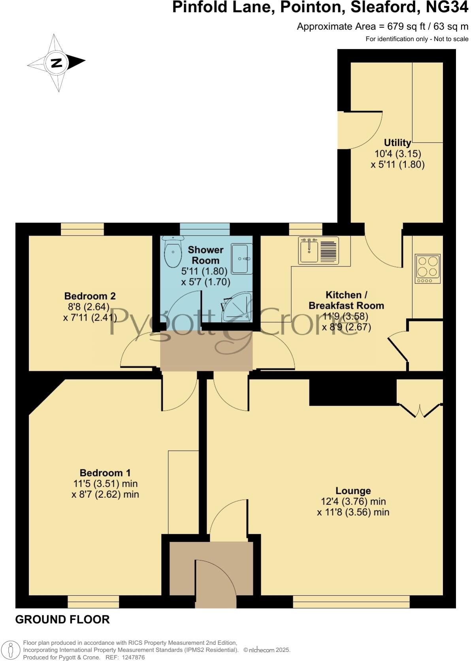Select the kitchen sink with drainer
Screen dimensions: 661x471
click(318, 250)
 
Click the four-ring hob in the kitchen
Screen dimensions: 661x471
click(428, 268)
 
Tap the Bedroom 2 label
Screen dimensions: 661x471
click(90, 296)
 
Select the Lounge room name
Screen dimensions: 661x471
click(353, 491)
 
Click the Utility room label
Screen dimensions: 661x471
click(397, 142)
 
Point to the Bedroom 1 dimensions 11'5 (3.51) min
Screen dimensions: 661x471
click(105, 483)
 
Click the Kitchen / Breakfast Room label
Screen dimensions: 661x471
click(346, 300)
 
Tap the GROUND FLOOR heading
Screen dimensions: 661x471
click(62, 619)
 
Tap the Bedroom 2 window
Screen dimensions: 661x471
click(82, 229)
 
